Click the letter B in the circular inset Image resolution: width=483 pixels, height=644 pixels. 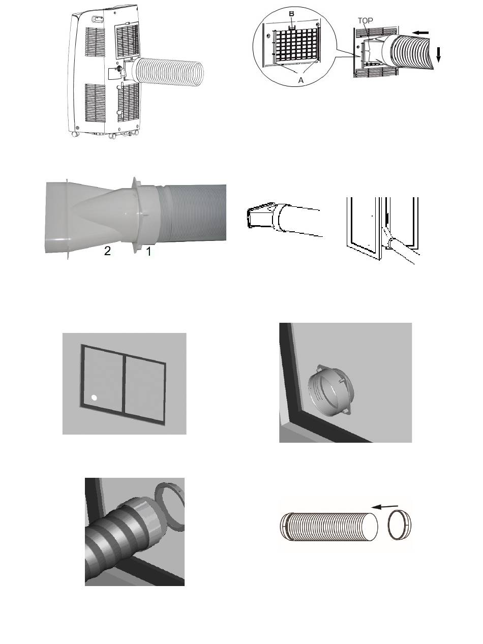[x=291, y=14]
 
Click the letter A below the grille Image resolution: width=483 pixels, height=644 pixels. [x=301, y=80]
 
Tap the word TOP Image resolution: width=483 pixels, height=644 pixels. [x=366, y=20]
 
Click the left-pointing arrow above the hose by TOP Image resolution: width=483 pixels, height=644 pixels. [x=420, y=33]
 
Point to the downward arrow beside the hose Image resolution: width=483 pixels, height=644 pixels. [x=438, y=55]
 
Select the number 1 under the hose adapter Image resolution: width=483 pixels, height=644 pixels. [x=149, y=252]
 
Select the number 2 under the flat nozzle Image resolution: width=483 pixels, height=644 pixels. [x=107, y=251]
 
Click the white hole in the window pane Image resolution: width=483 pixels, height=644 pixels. [x=94, y=398]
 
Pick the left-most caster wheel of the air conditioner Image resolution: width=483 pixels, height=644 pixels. [x=75, y=134]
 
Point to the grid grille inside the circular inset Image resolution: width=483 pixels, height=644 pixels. [x=296, y=45]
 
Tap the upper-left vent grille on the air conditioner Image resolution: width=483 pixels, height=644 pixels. [x=95, y=42]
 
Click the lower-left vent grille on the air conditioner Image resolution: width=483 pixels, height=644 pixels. [x=95, y=103]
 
